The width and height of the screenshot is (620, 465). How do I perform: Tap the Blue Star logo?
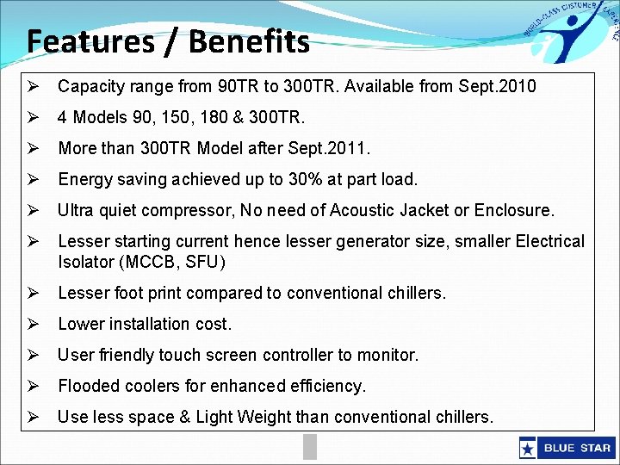(x=566, y=448)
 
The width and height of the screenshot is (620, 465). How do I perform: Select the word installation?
(x=145, y=324)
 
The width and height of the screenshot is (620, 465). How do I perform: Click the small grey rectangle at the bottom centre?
(x=310, y=445)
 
